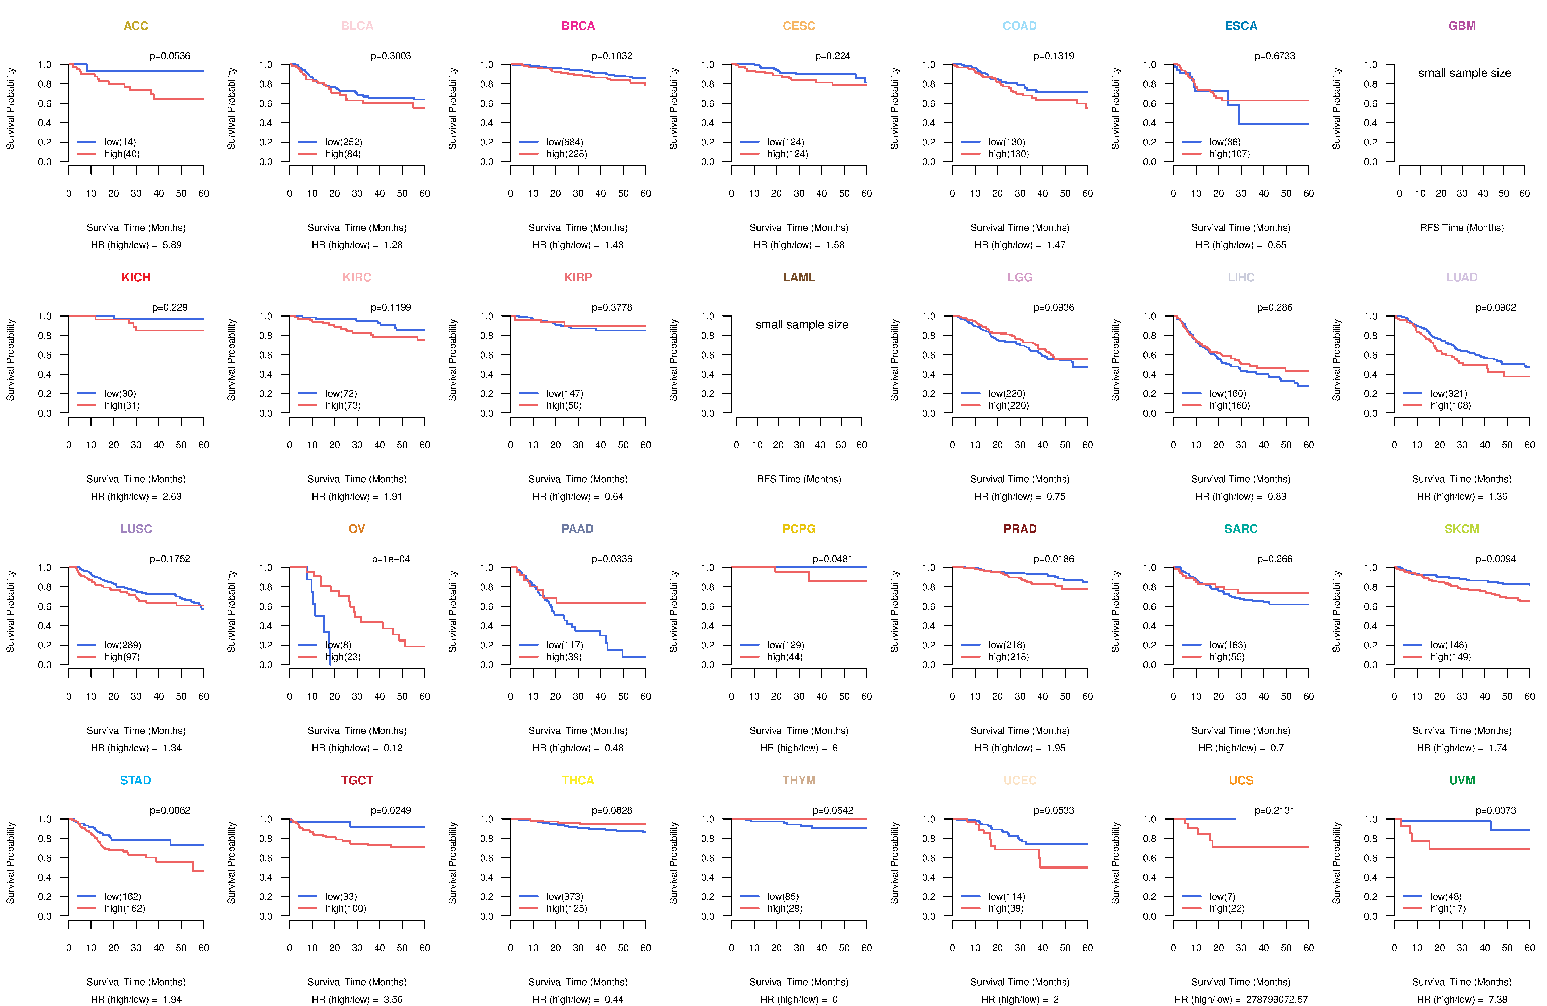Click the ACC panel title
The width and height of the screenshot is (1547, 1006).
[x=136, y=26]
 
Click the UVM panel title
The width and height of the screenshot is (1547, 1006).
[x=1462, y=780]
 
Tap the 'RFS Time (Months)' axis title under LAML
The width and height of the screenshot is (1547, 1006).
[x=799, y=479]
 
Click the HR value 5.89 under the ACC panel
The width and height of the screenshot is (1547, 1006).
[x=172, y=245]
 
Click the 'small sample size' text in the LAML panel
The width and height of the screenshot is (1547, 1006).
[x=801, y=324]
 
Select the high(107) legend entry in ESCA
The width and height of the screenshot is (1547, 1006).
[x=1229, y=154]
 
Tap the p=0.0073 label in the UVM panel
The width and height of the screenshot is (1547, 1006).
[x=1496, y=811]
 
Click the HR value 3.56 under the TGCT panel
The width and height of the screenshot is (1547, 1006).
[x=393, y=1000]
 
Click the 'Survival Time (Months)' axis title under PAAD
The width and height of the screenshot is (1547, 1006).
[x=578, y=731]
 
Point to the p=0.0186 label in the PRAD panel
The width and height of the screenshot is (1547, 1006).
[x=1054, y=559]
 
